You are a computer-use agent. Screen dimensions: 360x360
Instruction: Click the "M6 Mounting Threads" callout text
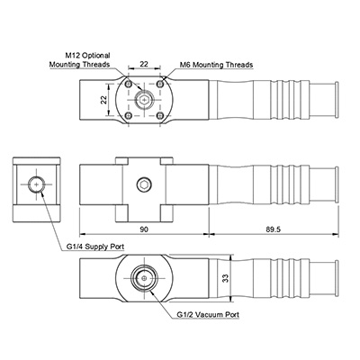(x=216, y=65)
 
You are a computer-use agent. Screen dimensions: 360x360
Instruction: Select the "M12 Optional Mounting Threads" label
(x=80, y=59)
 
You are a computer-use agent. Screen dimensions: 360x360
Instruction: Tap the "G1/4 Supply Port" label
(x=95, y=247)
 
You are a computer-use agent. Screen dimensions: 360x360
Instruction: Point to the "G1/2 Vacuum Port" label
(x=208, y=315)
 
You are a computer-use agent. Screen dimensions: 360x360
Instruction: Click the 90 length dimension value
(x=144, y=229)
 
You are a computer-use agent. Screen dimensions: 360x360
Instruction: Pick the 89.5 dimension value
(x=273, y=229)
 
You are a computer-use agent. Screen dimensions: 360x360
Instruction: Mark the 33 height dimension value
(x=226, y=278)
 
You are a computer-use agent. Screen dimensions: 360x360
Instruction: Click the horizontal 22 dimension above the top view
(x=144, y=64)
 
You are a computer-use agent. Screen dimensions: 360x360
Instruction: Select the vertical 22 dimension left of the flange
(x=103, y=99)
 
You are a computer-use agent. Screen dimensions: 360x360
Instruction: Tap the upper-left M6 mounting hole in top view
(x=129, y=84)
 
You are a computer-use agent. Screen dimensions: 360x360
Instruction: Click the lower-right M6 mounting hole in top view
(x=160, y=115)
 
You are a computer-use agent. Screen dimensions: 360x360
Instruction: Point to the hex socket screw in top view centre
(x=144, y=99)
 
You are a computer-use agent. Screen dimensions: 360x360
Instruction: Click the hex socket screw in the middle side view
(x=144, y=184)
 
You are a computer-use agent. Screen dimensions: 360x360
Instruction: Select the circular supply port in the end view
(x=37, y=184)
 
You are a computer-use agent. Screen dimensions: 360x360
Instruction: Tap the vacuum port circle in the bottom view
(x=144, y=278)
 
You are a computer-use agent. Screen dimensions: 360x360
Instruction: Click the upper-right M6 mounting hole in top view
(x=160, y=84)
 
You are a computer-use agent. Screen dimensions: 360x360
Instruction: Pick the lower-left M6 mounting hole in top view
(x=129, y=115)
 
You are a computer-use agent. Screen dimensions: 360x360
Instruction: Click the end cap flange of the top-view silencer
(x=337, y=99)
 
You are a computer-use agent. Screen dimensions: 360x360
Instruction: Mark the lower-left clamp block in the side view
(x=122, y=213)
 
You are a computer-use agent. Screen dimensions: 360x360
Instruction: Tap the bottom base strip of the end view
(x=37, y=213)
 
